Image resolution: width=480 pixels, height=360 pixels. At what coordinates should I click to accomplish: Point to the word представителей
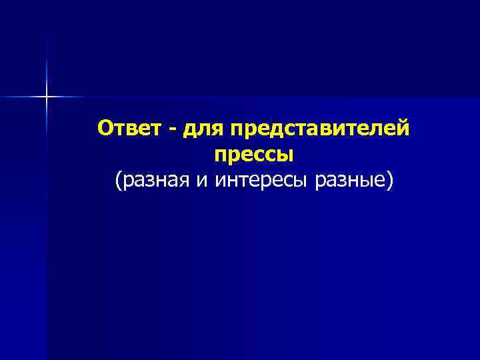(x=320, y=129)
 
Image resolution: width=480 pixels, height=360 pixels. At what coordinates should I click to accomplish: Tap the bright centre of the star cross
(x=47, y=97)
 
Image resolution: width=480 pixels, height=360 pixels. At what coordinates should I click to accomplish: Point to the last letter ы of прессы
(x=286, y=155)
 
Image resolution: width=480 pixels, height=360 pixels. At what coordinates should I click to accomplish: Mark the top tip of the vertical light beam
(x=47, y=59)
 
